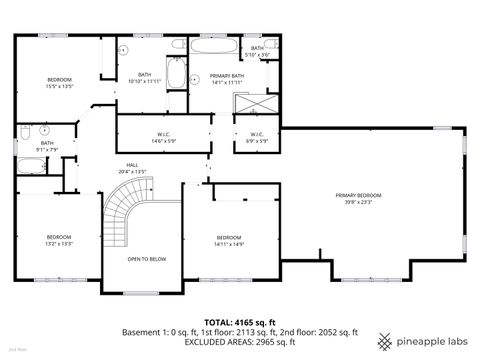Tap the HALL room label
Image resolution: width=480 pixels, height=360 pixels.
coord(133,166)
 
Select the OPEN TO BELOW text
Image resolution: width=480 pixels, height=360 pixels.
coord(146,259)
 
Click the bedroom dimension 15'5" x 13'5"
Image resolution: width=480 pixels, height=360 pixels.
coord(60,86)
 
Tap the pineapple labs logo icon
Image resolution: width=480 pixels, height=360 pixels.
coord(385,339)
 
